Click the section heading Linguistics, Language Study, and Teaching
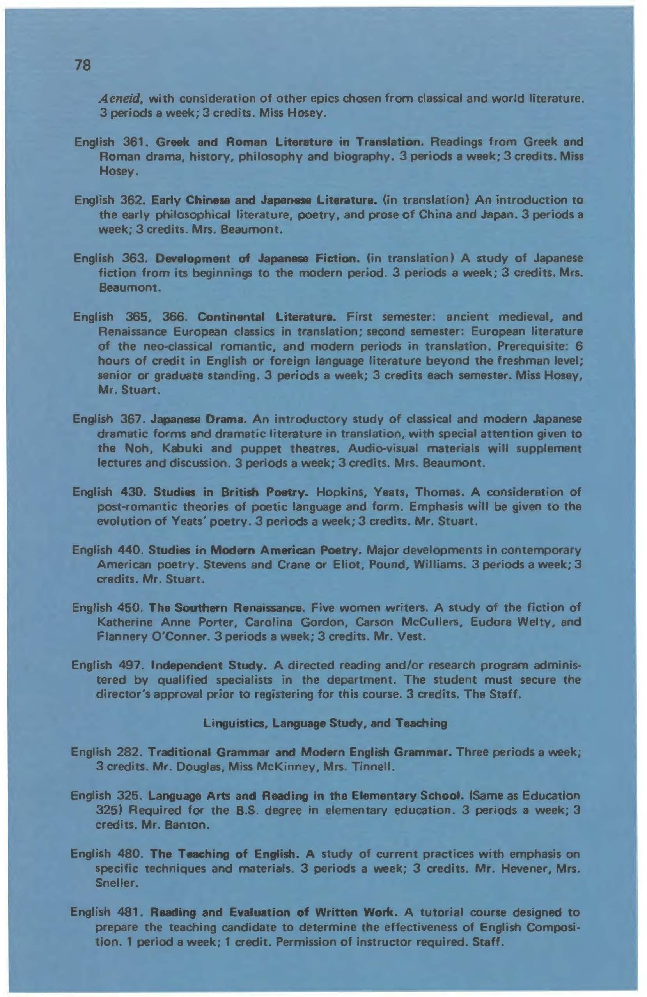[x=325, y=723]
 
